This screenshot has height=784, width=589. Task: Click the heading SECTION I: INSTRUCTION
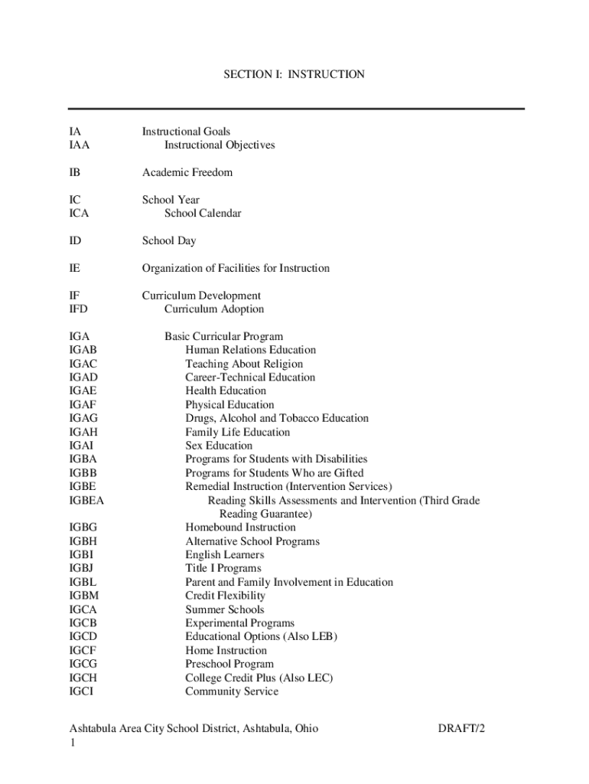[x=294, y=75]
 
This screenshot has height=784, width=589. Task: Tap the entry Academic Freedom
[x=187, y=172]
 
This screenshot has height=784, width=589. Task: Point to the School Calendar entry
[x=203, y=214]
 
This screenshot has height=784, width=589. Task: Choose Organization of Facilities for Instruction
[x=236, y=268]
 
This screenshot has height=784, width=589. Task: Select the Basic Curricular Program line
[x=223, y=336]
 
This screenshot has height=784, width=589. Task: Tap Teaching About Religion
[x=244, y=364]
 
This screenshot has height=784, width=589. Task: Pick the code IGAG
[x=83, y=418]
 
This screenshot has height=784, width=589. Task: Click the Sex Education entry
[x=219, y=446]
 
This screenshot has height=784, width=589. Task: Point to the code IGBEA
[x=86, y=501]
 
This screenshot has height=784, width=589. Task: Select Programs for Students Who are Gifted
[x=275, y=473]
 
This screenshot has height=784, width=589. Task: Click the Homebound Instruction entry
[x=240, y=528]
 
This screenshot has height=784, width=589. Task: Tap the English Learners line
[x=225, y=555]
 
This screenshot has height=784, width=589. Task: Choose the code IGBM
[x=84, y=596]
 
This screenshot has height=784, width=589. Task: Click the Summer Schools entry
[x=225, y=609]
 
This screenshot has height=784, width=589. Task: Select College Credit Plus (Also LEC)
[x=259, y=678]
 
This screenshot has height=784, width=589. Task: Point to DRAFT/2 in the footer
[x=461, y=729]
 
